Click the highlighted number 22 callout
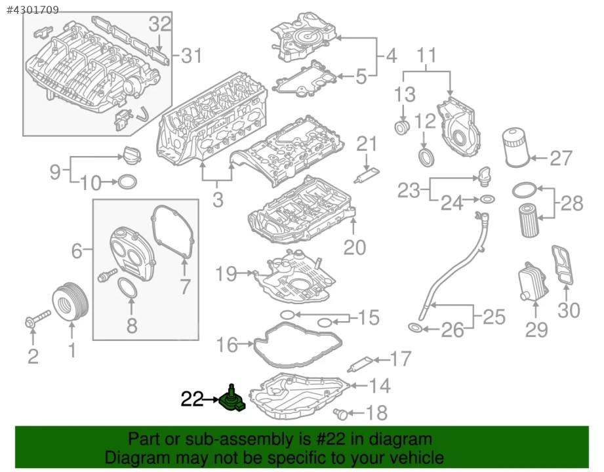[192, 399]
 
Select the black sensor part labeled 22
[233, 401]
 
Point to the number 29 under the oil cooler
[536, 329]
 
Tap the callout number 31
[191, 56]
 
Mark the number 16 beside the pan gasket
[227, 344]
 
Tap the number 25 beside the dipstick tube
[494, 317]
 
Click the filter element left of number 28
[529, 220]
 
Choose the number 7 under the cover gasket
[184, 286]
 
